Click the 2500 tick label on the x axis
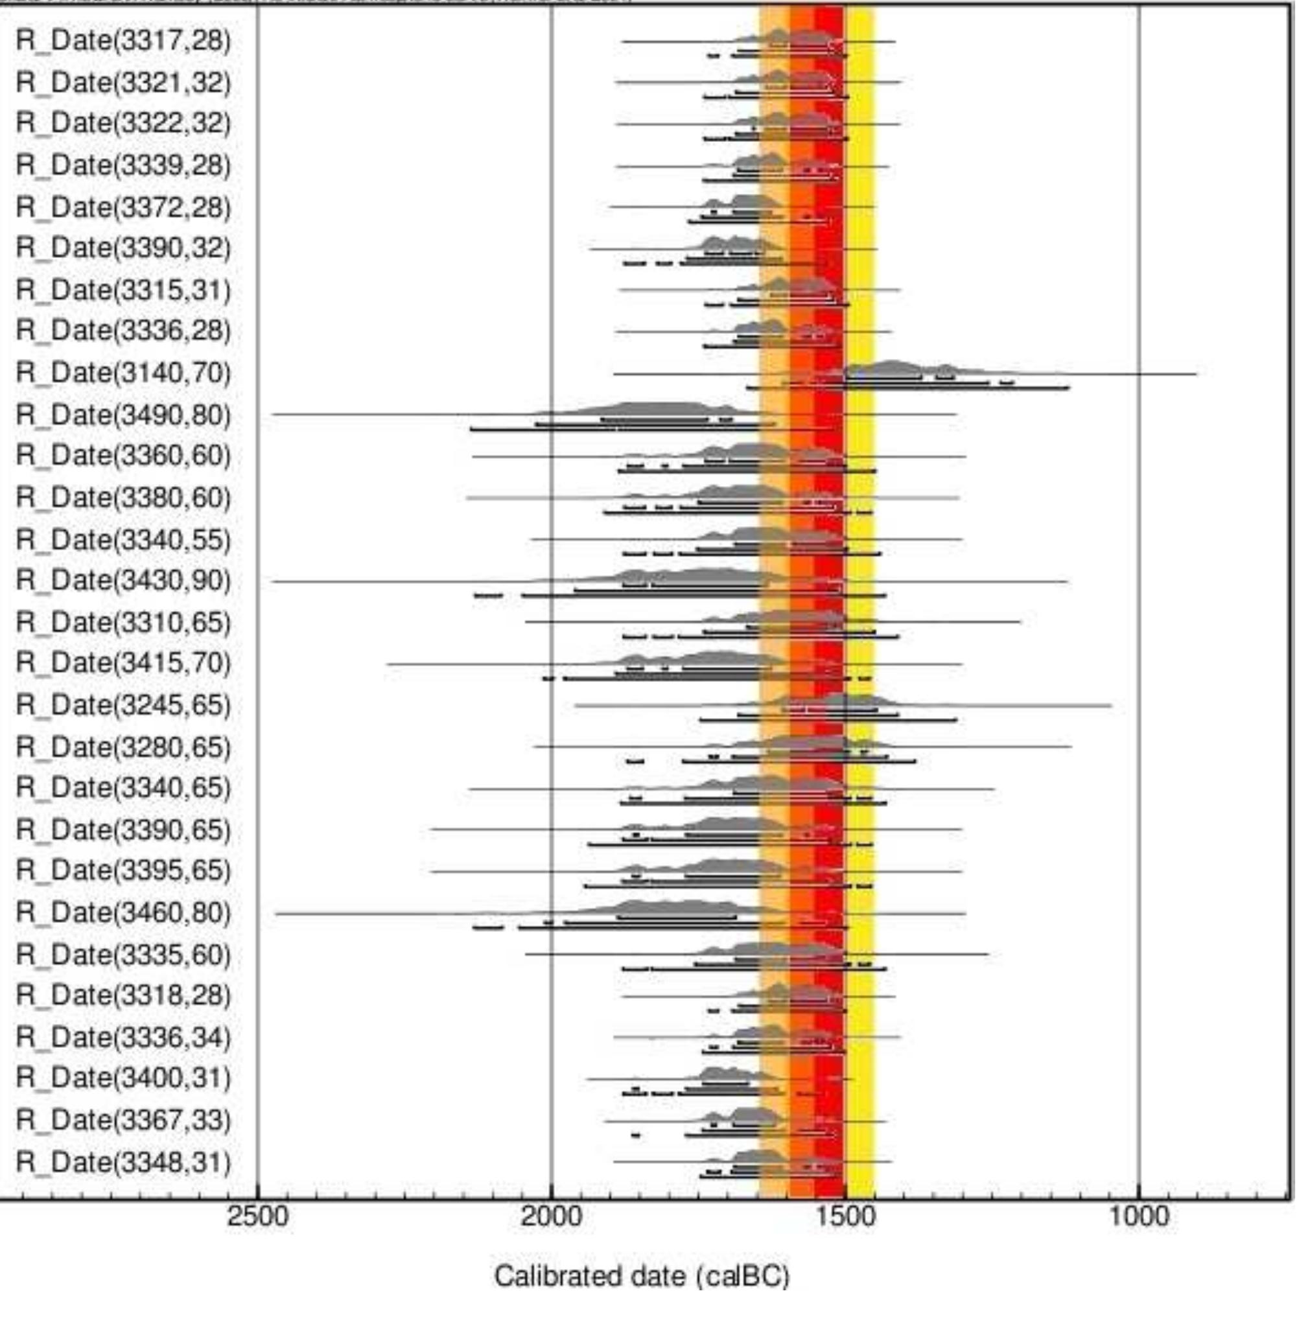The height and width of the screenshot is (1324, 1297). (257, 1216)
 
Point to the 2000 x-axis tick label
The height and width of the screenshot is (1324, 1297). (552, 1216)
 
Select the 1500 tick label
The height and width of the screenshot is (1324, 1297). (845, 1216)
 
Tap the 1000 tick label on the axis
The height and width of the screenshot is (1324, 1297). (1139, 1216)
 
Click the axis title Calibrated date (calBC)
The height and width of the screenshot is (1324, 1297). (642, 1276)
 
